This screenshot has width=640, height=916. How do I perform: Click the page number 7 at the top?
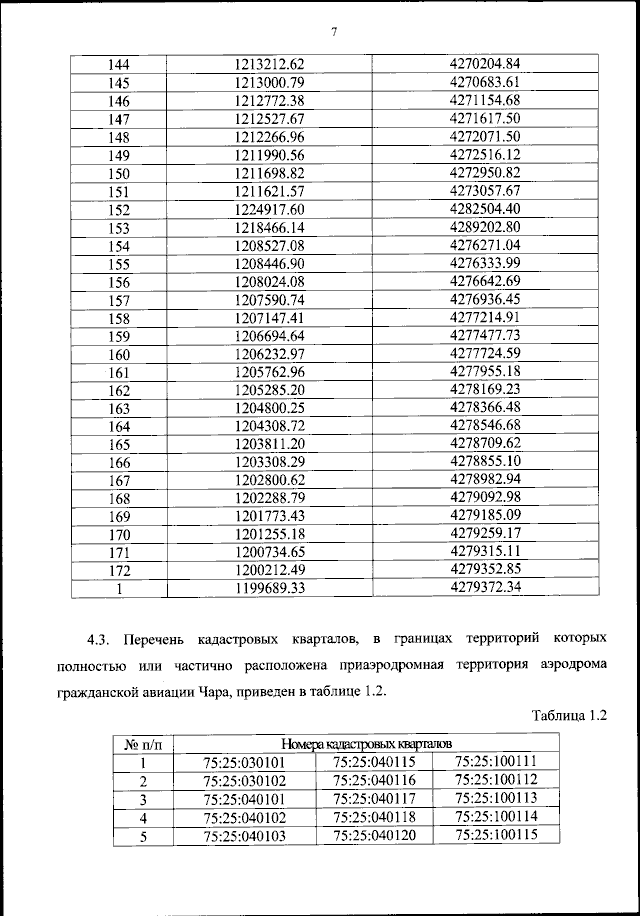click(334, 32)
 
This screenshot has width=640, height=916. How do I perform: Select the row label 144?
click(119, 64)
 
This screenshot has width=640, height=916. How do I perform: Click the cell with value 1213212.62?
click(268, 64)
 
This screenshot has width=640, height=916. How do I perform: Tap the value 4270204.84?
click(486, 64)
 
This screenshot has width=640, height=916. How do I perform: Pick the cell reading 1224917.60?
click(268, 209)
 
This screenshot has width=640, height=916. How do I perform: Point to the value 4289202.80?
click(486, 227)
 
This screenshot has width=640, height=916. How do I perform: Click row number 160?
click(119, 354)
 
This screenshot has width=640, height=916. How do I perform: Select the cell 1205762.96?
click(268, 372)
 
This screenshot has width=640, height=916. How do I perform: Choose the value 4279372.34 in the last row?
click(486, 589)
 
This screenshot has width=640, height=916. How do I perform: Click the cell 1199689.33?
click(268, 589)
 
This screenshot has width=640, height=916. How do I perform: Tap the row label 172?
click(119, 571)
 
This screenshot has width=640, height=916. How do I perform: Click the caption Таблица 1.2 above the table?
click(569, 716)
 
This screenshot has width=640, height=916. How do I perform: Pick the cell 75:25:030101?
click(244, 763)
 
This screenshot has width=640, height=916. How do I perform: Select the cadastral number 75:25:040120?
click(374, 836)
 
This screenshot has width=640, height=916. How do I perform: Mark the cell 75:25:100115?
click(496, 835)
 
